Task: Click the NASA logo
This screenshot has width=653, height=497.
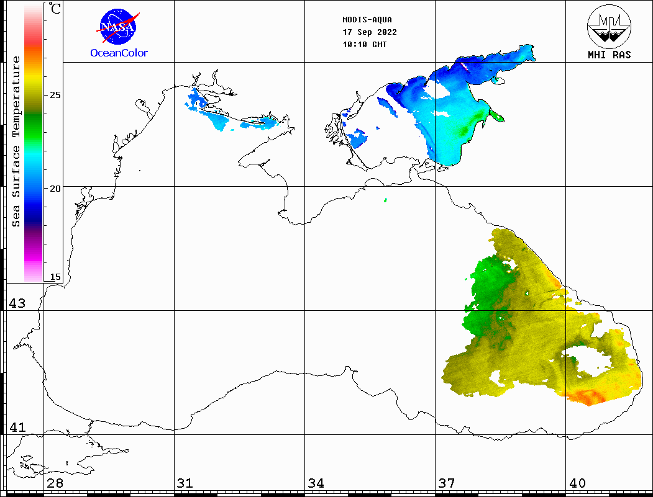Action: point(118,26)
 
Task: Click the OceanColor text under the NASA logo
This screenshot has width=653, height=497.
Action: point(119,53)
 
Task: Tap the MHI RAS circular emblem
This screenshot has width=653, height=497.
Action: point(609,25)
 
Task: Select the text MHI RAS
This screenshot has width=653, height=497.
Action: point(609,55)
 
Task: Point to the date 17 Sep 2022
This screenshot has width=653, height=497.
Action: point(370,32)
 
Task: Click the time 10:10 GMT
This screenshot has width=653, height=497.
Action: point(365,45)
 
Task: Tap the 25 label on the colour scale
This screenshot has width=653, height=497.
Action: point(55,95)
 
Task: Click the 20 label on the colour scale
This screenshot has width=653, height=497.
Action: point(55,188)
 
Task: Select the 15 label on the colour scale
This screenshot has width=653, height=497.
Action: point(55,277)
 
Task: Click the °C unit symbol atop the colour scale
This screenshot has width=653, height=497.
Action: point(55,9)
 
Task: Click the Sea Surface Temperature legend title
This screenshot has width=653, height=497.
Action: point(16,141)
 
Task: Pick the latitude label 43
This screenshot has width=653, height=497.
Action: point(17,303)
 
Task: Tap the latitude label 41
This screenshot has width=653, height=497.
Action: point(17,428)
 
